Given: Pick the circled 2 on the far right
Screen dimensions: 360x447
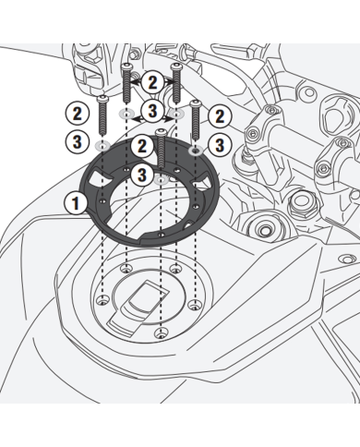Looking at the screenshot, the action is (220, 116).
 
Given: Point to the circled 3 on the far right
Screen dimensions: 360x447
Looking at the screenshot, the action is (220, 144).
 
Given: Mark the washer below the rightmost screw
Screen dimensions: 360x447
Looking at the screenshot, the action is (195, 148).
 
